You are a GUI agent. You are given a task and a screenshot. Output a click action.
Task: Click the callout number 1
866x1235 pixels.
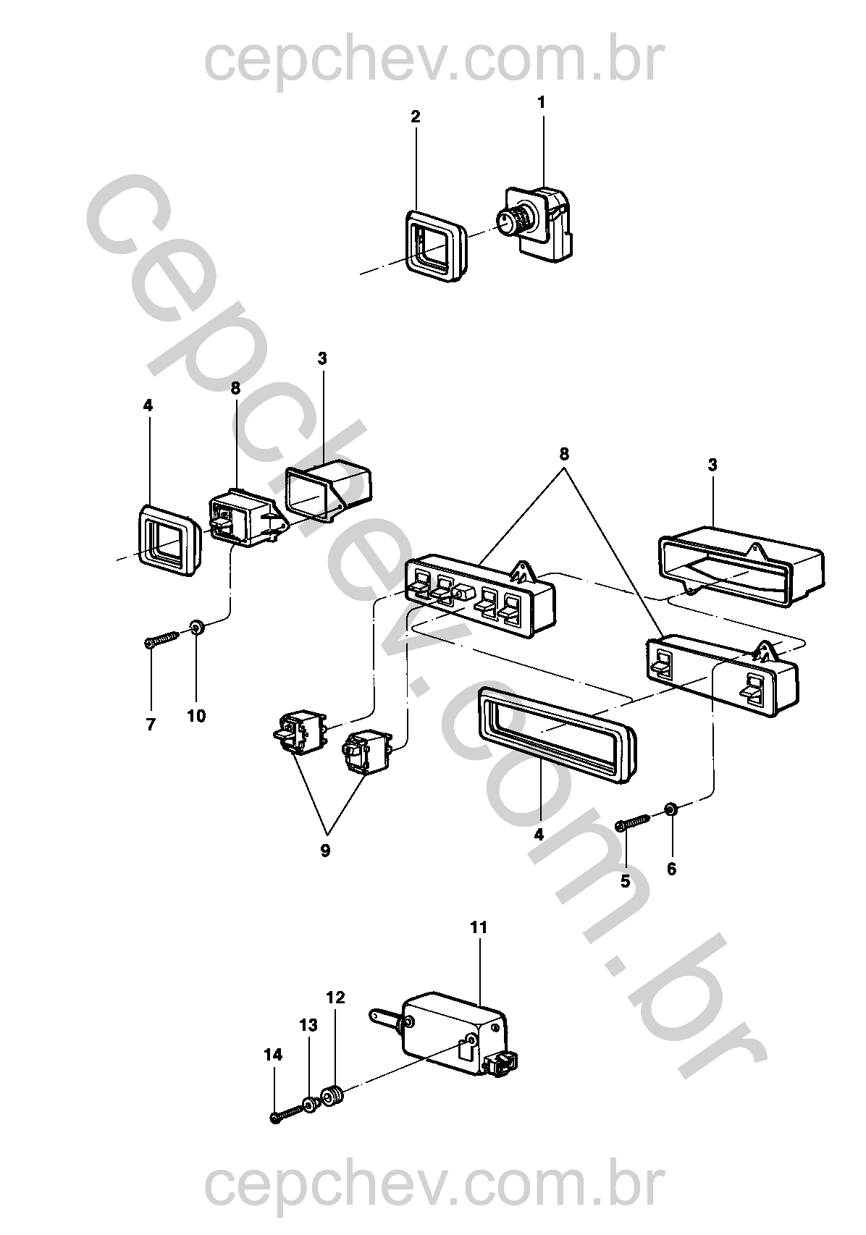[x=541, y=103]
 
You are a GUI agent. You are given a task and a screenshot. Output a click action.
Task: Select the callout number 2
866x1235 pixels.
[x=416, y=117]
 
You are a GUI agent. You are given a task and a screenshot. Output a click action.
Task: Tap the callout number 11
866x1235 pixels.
[x=479, y=927]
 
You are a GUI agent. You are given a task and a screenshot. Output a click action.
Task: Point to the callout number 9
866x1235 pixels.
[x=325, y=851]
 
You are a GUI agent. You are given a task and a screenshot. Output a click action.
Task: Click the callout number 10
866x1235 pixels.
[x=196, y=716]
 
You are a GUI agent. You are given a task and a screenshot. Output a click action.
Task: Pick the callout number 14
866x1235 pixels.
[x=273, y=1055]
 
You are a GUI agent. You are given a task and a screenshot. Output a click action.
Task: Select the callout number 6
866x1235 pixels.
[x=671, y=869]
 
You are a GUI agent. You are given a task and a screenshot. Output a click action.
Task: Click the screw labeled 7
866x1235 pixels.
[x=162, y=639]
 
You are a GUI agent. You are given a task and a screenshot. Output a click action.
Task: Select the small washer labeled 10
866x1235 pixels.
[x=196, y=627]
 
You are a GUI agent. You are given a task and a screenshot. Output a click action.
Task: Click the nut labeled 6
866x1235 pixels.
[x=671, y=808]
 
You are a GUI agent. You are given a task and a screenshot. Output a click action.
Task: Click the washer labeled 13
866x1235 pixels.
[x=311, y=1105]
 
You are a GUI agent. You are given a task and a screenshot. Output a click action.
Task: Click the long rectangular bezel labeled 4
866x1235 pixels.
[x=555, y=735]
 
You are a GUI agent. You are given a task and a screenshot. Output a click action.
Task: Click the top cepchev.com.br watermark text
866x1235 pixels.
[x=433, y=61]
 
